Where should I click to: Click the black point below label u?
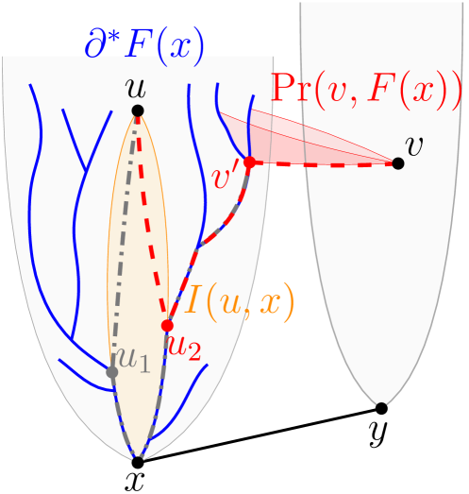[138, 111]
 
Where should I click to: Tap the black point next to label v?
[398, 163]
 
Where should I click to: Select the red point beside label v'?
[250, 162]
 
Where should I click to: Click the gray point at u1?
[112, 372]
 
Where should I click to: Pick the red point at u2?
[167, 325]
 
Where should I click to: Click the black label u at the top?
[136, 88]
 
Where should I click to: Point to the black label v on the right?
[413, 145]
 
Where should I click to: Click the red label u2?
[184, 347]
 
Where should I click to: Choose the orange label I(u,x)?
[240, 300]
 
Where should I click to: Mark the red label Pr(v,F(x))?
[366, 89]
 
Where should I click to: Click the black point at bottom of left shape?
[138, 460]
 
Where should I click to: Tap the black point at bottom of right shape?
[381, 407]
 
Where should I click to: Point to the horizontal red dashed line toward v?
[326, 164]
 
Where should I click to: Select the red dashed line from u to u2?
[152, 217]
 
